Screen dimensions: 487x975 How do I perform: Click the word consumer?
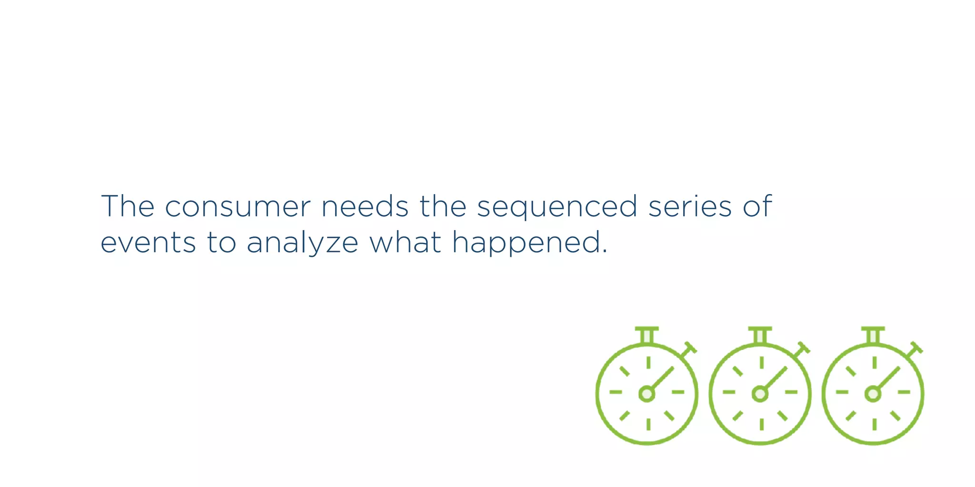point(238,207)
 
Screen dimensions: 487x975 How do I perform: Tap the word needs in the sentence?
point(365,207)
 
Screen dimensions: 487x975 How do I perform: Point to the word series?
point(690,207)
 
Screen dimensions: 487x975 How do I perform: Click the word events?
point(148,243)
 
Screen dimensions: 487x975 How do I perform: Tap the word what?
point(405,242)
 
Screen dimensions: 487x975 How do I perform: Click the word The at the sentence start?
point(128,206)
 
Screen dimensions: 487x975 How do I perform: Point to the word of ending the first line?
point(757,206)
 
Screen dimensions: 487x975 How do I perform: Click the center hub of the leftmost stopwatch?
point(647,394)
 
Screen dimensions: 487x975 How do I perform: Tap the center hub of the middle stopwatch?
point(760,394)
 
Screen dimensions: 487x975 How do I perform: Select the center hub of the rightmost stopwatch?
point(873,394)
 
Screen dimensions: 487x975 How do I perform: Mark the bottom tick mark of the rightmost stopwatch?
point(874,424)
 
